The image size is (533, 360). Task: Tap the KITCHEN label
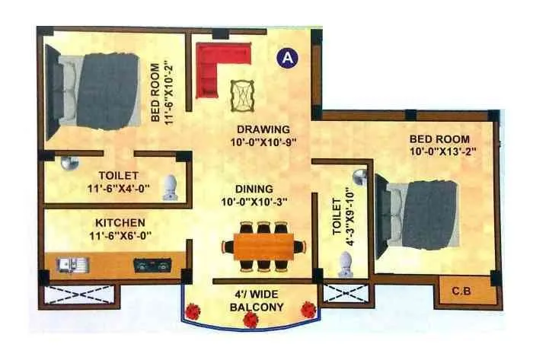tap(120, 222)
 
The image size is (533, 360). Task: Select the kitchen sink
tap(73, 266)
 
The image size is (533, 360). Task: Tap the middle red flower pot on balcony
tap(251, 318)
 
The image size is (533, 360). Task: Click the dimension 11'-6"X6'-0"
tap(120, 235)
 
